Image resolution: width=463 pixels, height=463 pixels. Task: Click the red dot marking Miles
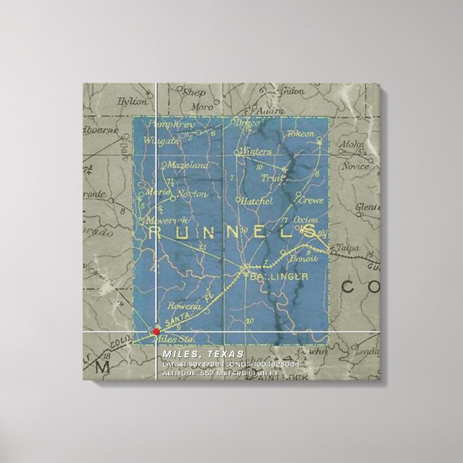pos(156,331)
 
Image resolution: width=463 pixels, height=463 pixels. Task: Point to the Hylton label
pos(137,104)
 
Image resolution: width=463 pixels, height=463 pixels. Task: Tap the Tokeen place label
pos(301,134)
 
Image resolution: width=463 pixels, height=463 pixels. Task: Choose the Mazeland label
pos(188,165)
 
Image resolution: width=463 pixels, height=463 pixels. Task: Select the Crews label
pos(311,201)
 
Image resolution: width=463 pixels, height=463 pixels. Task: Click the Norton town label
pos(193,193)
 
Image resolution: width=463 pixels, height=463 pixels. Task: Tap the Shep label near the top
pos(194,92)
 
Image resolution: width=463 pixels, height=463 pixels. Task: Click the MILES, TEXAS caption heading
pos(203,354)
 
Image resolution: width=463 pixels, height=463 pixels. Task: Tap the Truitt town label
pos(272,179)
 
